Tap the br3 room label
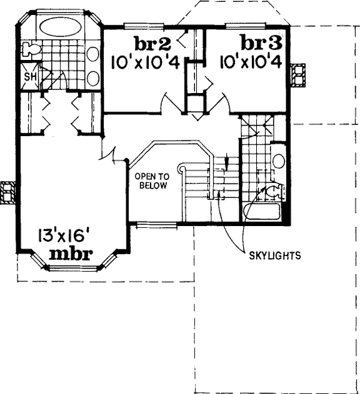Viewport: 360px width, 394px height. pyautogui.click(x=260, y=43)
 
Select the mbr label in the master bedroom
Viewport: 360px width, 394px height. pyautogui.click(x=70, y=253)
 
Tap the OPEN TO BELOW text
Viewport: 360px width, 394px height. pyautogui.click(x=152, y=181)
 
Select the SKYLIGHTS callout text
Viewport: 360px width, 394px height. pyautogui.click(x=274, y=254)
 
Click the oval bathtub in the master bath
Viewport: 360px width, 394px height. pyautogui.click(x=60, y=26)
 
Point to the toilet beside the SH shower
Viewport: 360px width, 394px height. pyautogui.click(x=28, y=49)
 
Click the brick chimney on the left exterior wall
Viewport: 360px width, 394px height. pyautogui.click(x=8, y=193)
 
